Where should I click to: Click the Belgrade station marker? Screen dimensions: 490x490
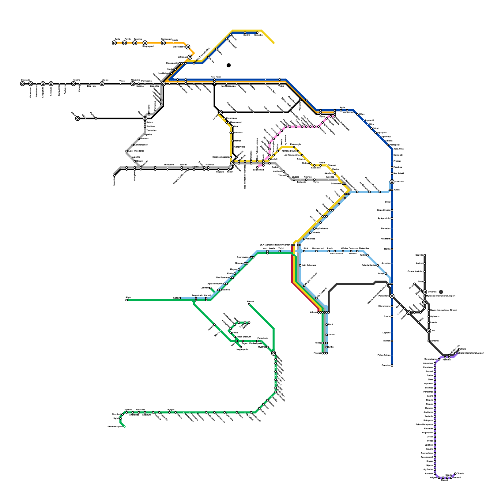tap(22, 84)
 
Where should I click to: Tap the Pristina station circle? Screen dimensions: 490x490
tap(73, 84)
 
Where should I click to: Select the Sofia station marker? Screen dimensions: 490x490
tap(114, 43)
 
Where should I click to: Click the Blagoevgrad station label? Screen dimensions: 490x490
tap(148, 47)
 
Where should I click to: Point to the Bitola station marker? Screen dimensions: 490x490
tap(77, 118)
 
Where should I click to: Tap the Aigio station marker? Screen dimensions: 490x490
tap(126, 300)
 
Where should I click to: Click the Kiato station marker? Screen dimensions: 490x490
tap(179, 298)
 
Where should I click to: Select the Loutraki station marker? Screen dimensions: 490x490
tap(210, 288)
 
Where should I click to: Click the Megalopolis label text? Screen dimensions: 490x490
tap(242, 349)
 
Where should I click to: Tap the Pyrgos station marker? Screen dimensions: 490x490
tap(169, 413)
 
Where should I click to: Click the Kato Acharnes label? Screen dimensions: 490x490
tap(309, 265)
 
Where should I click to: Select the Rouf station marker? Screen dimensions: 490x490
tap(327, 325)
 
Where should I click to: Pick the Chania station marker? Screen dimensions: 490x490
tap(455, 473)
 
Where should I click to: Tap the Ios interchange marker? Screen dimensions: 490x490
tap(429, 331)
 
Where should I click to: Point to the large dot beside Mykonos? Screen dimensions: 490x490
tap(441, 292)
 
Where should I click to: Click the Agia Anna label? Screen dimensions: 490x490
tap(398, 149)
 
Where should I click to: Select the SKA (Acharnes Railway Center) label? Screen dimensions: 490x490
tap(275, 245)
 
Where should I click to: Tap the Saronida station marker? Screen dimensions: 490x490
tap(392, 365)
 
